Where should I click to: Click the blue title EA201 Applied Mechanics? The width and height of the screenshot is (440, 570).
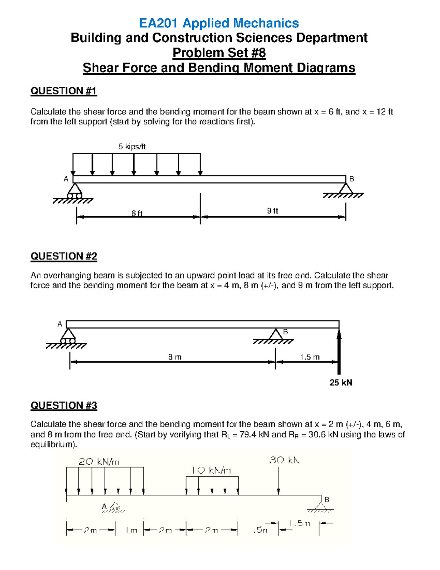[219, 23]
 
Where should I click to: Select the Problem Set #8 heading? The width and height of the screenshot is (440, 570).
[219, 53]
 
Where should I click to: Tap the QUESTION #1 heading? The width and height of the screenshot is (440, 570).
[63, 91]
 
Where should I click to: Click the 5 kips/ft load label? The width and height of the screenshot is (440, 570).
[132, 146]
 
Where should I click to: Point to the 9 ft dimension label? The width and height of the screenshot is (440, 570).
[272, 211]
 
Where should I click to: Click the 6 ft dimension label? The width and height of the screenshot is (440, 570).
[137, 213]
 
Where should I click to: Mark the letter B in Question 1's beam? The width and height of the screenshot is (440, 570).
[352, 179]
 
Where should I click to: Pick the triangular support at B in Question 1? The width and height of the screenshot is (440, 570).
[345, 188]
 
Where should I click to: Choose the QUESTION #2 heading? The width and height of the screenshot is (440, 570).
[63, 256]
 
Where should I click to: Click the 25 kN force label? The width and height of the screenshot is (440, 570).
[341, 382]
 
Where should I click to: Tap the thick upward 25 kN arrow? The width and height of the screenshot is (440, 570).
[339, 352]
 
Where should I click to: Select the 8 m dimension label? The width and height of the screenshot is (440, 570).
[175, 357]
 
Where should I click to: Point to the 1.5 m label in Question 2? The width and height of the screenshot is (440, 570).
[309, 357]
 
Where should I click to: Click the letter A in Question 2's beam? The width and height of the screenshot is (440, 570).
[60, 324]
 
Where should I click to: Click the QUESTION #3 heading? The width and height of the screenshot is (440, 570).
[63, 405]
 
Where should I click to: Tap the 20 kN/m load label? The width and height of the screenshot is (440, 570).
[99, 461]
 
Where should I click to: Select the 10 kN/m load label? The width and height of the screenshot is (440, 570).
[211, 471]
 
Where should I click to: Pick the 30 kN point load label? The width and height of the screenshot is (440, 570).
[284, 460]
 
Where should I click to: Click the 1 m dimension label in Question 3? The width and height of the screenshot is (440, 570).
[131, 530]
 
